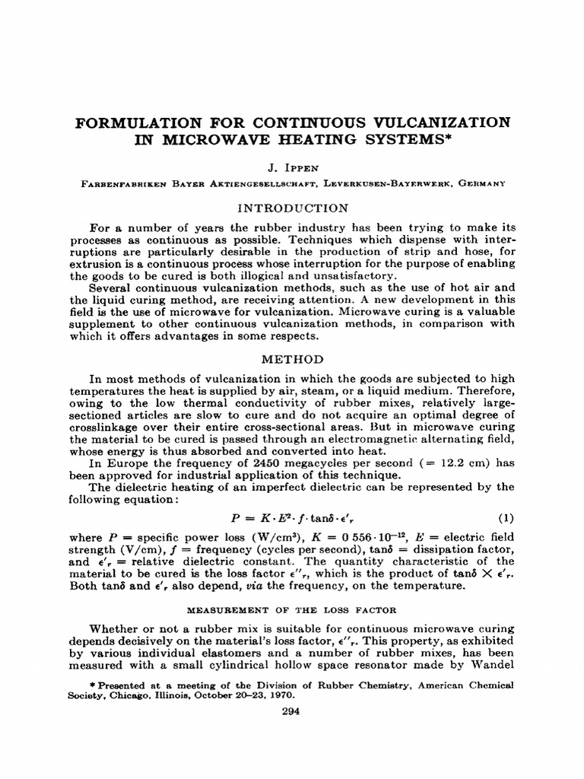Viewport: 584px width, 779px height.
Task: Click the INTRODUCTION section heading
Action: pos(293,208)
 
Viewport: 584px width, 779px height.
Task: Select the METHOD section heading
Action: pos(293,359)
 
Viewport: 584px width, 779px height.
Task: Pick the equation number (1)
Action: pos(506,518)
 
